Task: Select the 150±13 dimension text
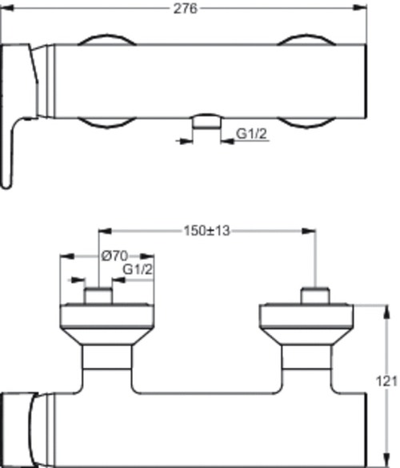(x=206, y=231)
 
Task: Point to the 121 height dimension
(x=388, y=383)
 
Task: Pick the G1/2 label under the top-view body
(x=251, y=135)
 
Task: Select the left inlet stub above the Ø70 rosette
(x=98, y=297)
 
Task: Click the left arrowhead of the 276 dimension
(x=6, y=8)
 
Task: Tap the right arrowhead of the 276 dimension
(x=362, y=8)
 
